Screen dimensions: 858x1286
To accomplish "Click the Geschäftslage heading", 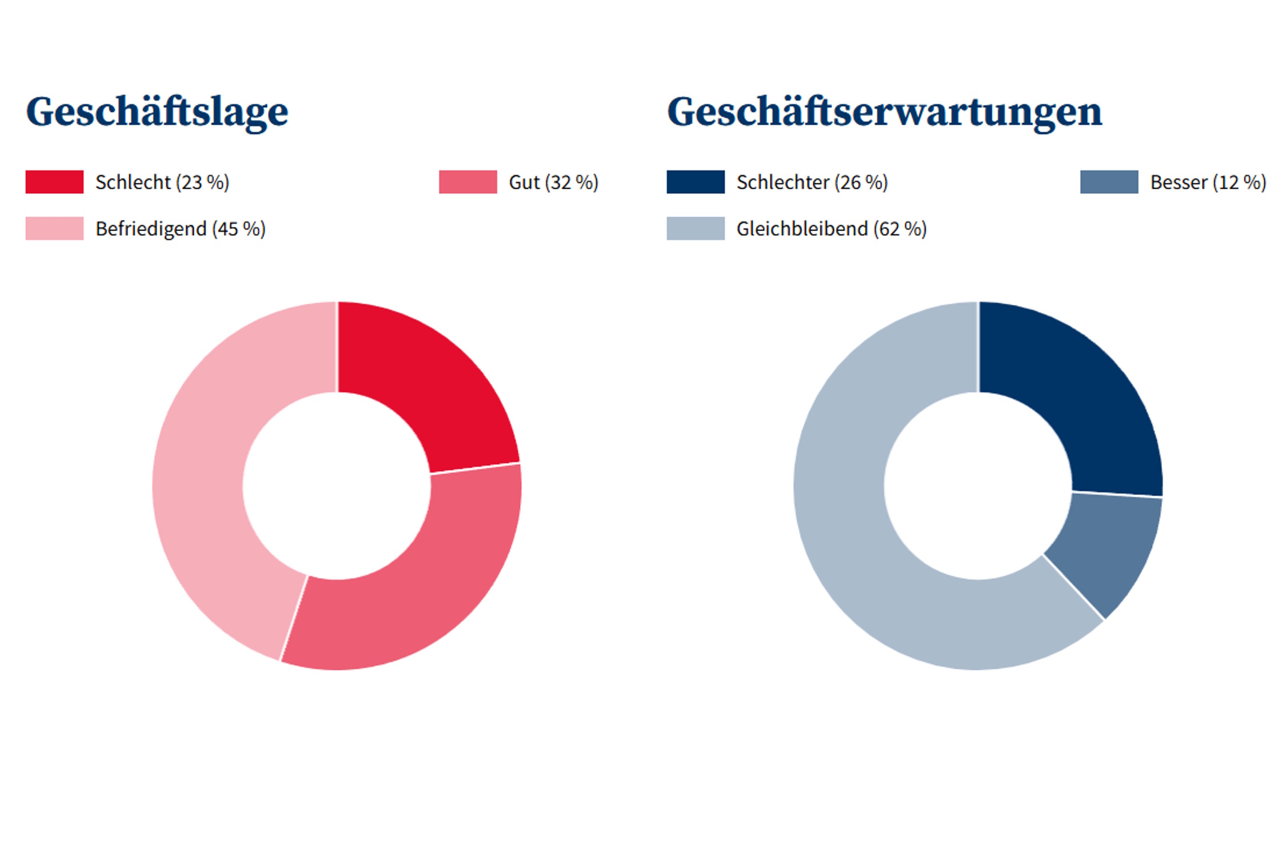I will pyautogui.click(x=157, y=112).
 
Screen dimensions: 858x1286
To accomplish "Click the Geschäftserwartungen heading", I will pyautogui.click(x=884, y=112).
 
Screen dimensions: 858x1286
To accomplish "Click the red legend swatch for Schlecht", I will pyautogui.click(x=54, y=182).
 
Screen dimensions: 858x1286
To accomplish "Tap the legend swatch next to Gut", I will pyautogui.click(x=468, y=182).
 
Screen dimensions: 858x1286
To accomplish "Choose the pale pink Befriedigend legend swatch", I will pyautogui.click(x=54, y=228).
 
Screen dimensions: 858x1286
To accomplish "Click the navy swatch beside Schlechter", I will pyautogui.click(x=696, y=182).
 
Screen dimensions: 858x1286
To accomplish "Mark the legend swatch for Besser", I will pyautogui.click(x=1109, y=182).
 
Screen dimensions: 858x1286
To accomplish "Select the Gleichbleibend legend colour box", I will pyautogui.click(x=696, y=228).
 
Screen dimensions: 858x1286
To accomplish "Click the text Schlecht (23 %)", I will pyautogui.click(x=162, y=182).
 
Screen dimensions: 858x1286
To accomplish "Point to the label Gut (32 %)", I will pyautogui.click(x=553, y=182).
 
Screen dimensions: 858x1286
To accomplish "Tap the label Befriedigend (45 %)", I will pyautogui.click(x=181, y=229).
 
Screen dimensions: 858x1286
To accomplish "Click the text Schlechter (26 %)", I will pyautogui.click(x=812, y=182).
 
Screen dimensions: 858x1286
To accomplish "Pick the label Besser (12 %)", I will pyautogui.click(x=1208, y=182).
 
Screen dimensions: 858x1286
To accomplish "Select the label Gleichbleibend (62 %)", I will pyautogui.click(x=832, y=229).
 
